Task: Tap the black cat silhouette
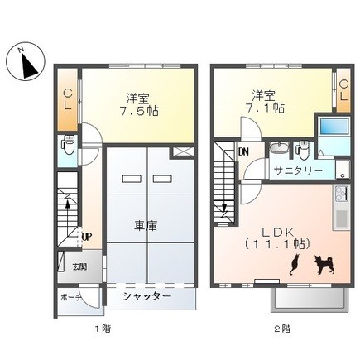[x=294, y=264]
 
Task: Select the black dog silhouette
[x=325, y=265]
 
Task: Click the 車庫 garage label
[x=146, y=226]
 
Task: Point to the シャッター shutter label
[x=147, y=296]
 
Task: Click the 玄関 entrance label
[x=79, y=266]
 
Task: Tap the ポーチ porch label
[x=70, y=297]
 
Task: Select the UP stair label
[x=87, y=237]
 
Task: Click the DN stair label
[x=244, y=151]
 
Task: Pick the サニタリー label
[x=298, y=170]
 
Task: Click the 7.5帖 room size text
[x=139, y=111]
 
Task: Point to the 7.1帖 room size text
[x=265, y=108]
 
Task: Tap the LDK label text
[x=278, y=233]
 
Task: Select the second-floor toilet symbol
[x=303, y=151]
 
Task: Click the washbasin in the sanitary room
[x=279, y=147]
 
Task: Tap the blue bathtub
[x=334, y=127]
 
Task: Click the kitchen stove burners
[x=342, y=194]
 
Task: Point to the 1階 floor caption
[x=103, y=329]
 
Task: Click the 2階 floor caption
[x=282, y=329]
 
